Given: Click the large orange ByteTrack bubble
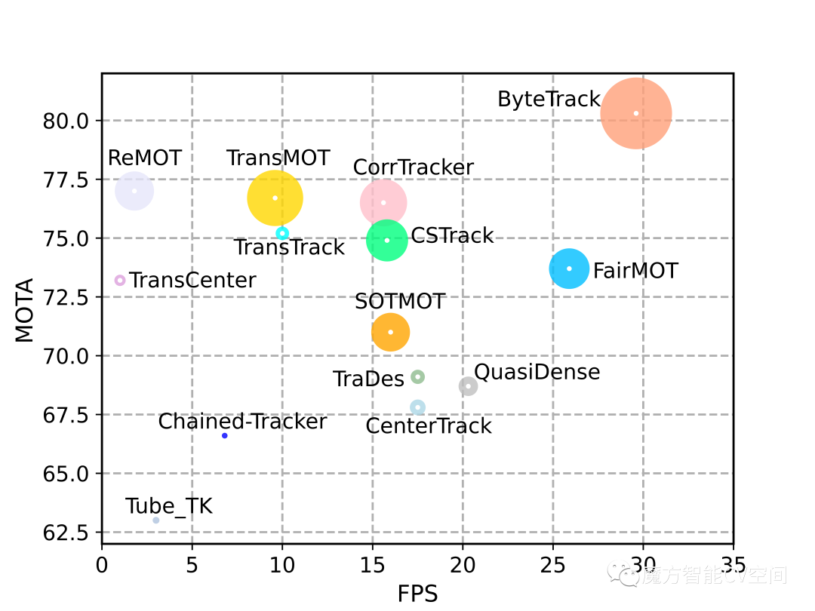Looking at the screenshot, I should pyautogui.click(x=636, y=113).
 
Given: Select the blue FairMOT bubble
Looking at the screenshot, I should pyautogui.click(x=569, y=269).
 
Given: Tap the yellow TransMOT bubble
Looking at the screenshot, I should pyautogui.click(x=275, y=198).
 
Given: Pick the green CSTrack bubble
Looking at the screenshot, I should pyautogui.click(x=387, y=240).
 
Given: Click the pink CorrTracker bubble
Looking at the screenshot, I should pyautogui.click(x=383, y=202).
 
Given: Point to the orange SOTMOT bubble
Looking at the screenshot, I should pyautogui.click(x=390, y=332).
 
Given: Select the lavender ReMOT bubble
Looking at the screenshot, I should pyautogui.click(x=134, y=190).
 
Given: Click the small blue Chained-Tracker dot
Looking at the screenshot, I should pyautogui.click(x=225, y=435).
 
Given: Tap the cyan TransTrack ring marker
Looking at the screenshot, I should pyautogui.click(x=282, y=233).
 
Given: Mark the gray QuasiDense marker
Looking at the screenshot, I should pyautogui.click(x=468, y=386).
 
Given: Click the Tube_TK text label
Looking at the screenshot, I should pyautogui.click(x=169, y=506).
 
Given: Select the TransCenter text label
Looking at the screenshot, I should pyautogui.click(x=192, y=281).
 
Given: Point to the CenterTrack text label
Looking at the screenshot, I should pyautogui.click(x=429, y=426).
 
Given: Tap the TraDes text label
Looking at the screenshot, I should pyautogui.click(x=369, y=379).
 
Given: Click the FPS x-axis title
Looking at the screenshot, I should pyautogui.click(x=417, y=594).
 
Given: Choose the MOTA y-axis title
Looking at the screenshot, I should pyautogui.click(x=25, y=310).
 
